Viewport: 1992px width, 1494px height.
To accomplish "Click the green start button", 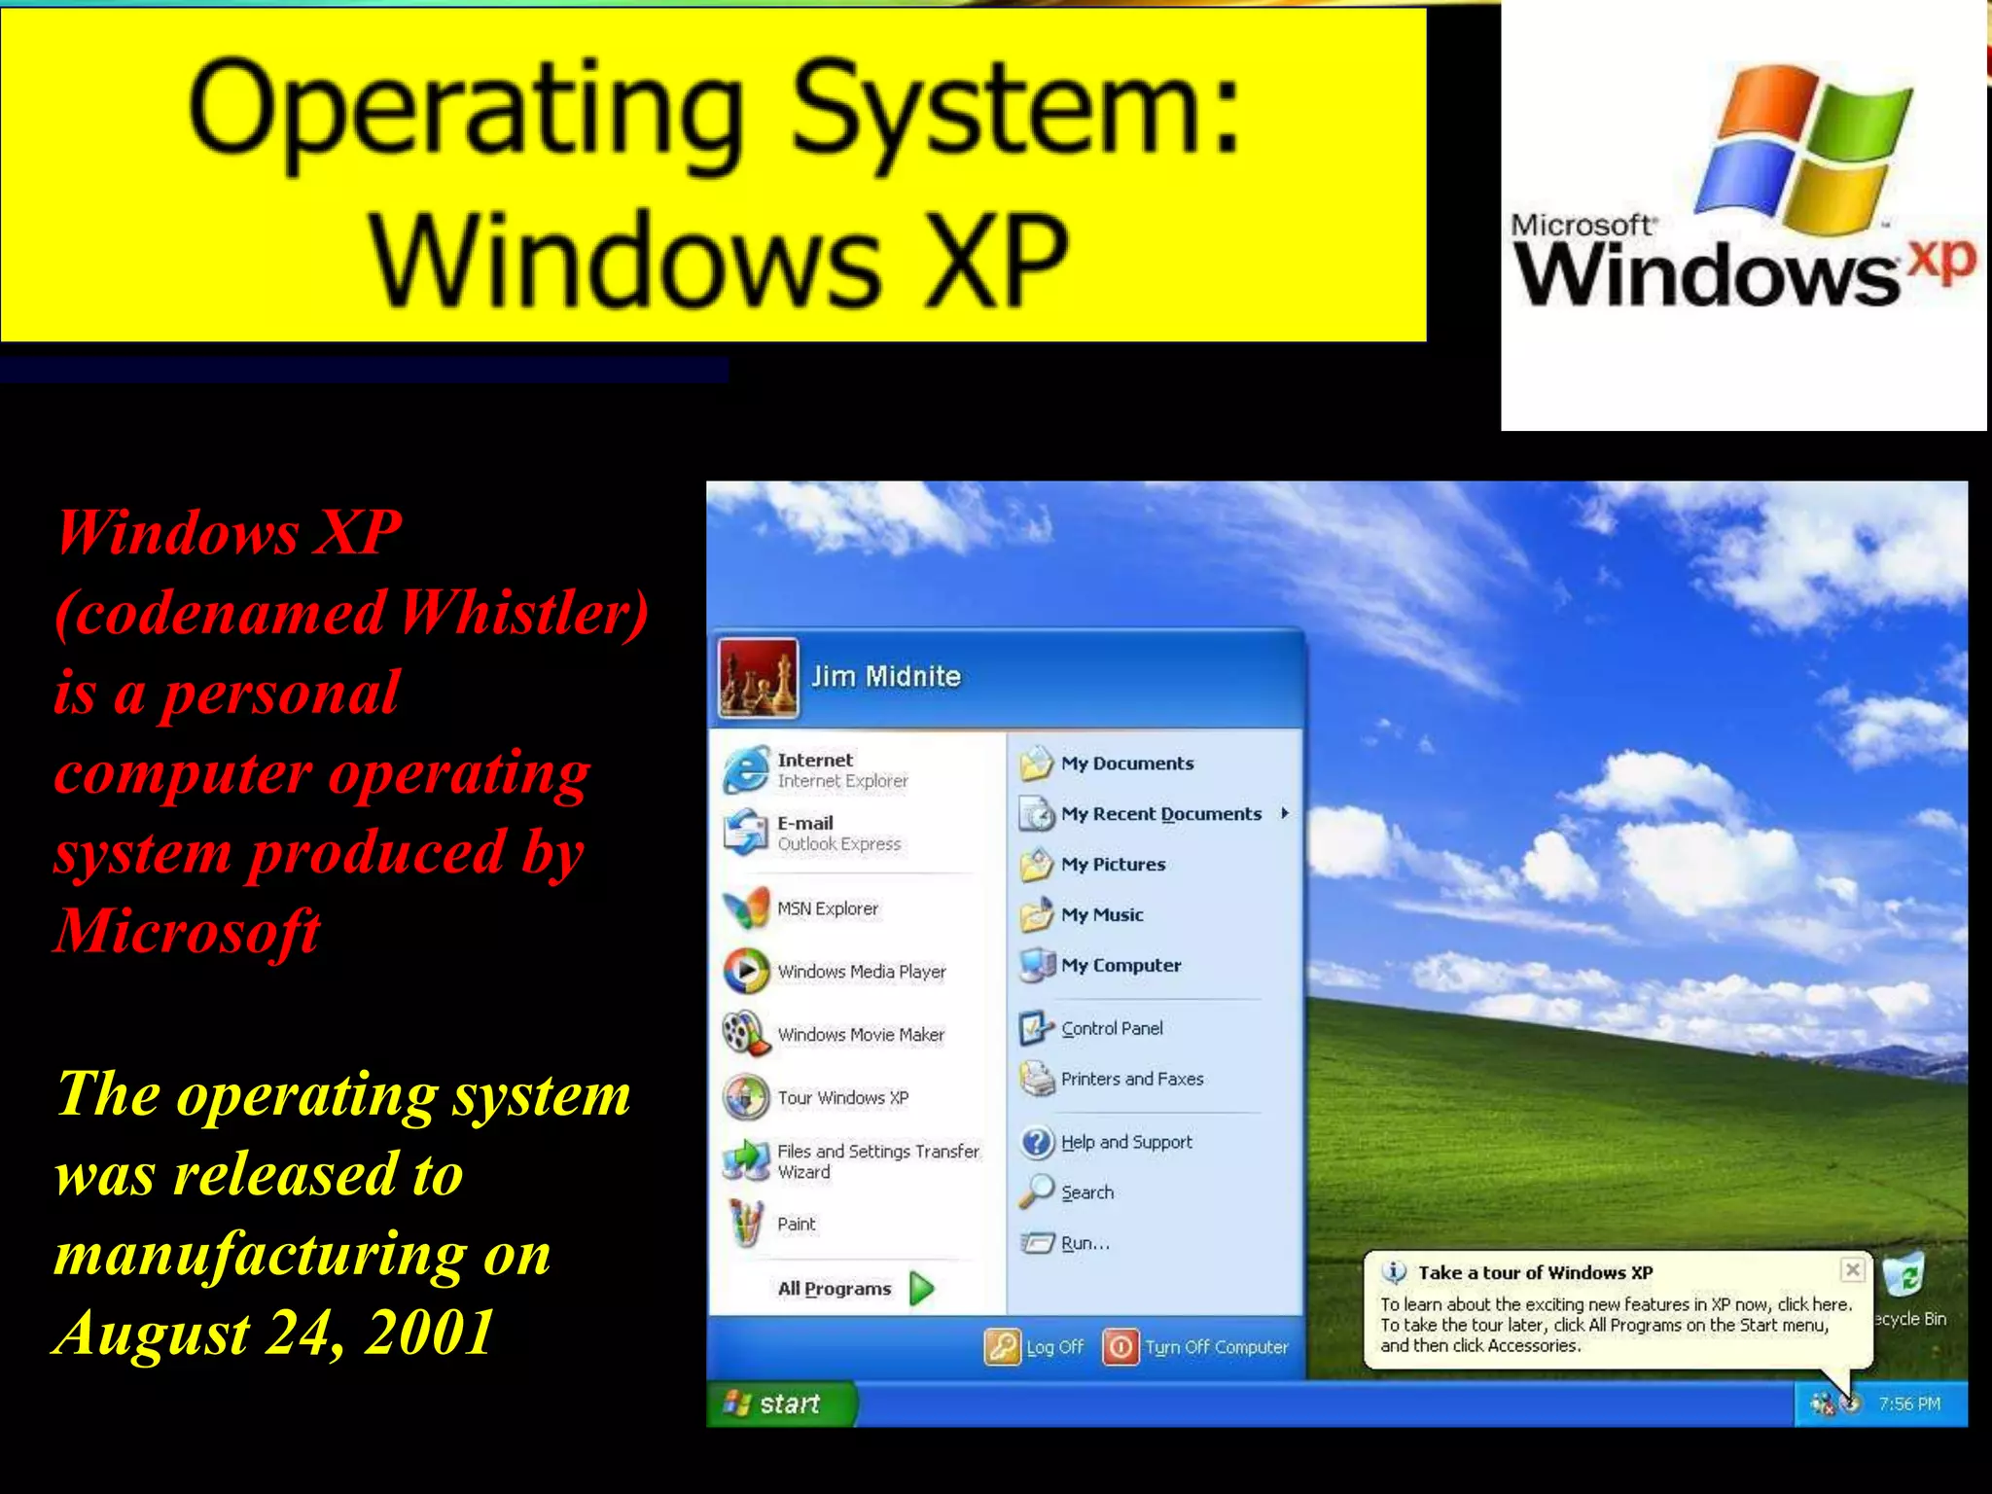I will click(779, 1404).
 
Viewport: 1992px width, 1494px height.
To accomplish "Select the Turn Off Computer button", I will click(1196, 1347).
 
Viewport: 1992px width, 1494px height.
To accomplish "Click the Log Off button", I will click(1035, 1347).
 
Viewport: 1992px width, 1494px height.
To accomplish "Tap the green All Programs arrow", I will click(922, 1289).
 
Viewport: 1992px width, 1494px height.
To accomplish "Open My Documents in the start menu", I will click(1126, 764).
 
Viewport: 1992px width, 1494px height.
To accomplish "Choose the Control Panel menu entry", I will click(1111, 1028).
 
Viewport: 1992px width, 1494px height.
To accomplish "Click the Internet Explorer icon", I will click(746, 770).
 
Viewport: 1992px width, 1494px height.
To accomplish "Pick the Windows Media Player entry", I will click(861, 972).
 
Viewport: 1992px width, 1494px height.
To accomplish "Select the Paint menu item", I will click(796, 1225).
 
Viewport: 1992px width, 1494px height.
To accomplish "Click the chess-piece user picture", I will click(758, 678).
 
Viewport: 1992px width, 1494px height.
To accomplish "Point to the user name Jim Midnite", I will click(886, 677).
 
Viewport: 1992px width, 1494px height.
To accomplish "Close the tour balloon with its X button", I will click(1853, 1269).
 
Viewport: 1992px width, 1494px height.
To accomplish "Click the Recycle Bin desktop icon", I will click(1904, 1277).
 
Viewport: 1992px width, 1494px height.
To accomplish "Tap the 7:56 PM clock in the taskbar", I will click(1908, 1404).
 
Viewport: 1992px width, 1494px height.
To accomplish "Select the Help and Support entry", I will click(1125, 1142).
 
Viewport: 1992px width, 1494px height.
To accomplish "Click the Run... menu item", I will click(1084, 1243).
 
